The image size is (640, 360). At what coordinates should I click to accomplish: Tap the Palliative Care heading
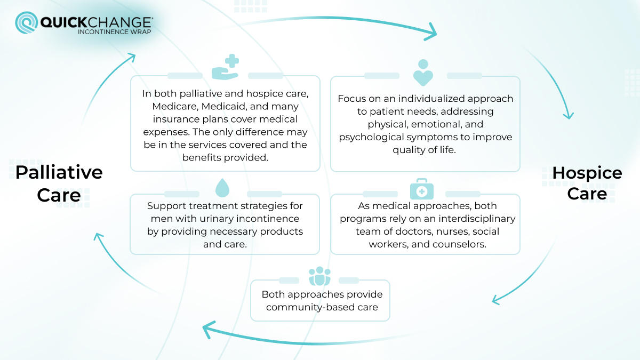point(59,183)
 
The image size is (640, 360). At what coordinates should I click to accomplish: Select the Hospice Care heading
point(587,183)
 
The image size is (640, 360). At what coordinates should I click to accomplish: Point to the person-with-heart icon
point(423,73)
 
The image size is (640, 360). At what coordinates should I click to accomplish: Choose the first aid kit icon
point(421,189)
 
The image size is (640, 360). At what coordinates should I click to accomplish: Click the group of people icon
point(320,276)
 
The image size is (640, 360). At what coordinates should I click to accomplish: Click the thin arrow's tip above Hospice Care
point(569,116)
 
